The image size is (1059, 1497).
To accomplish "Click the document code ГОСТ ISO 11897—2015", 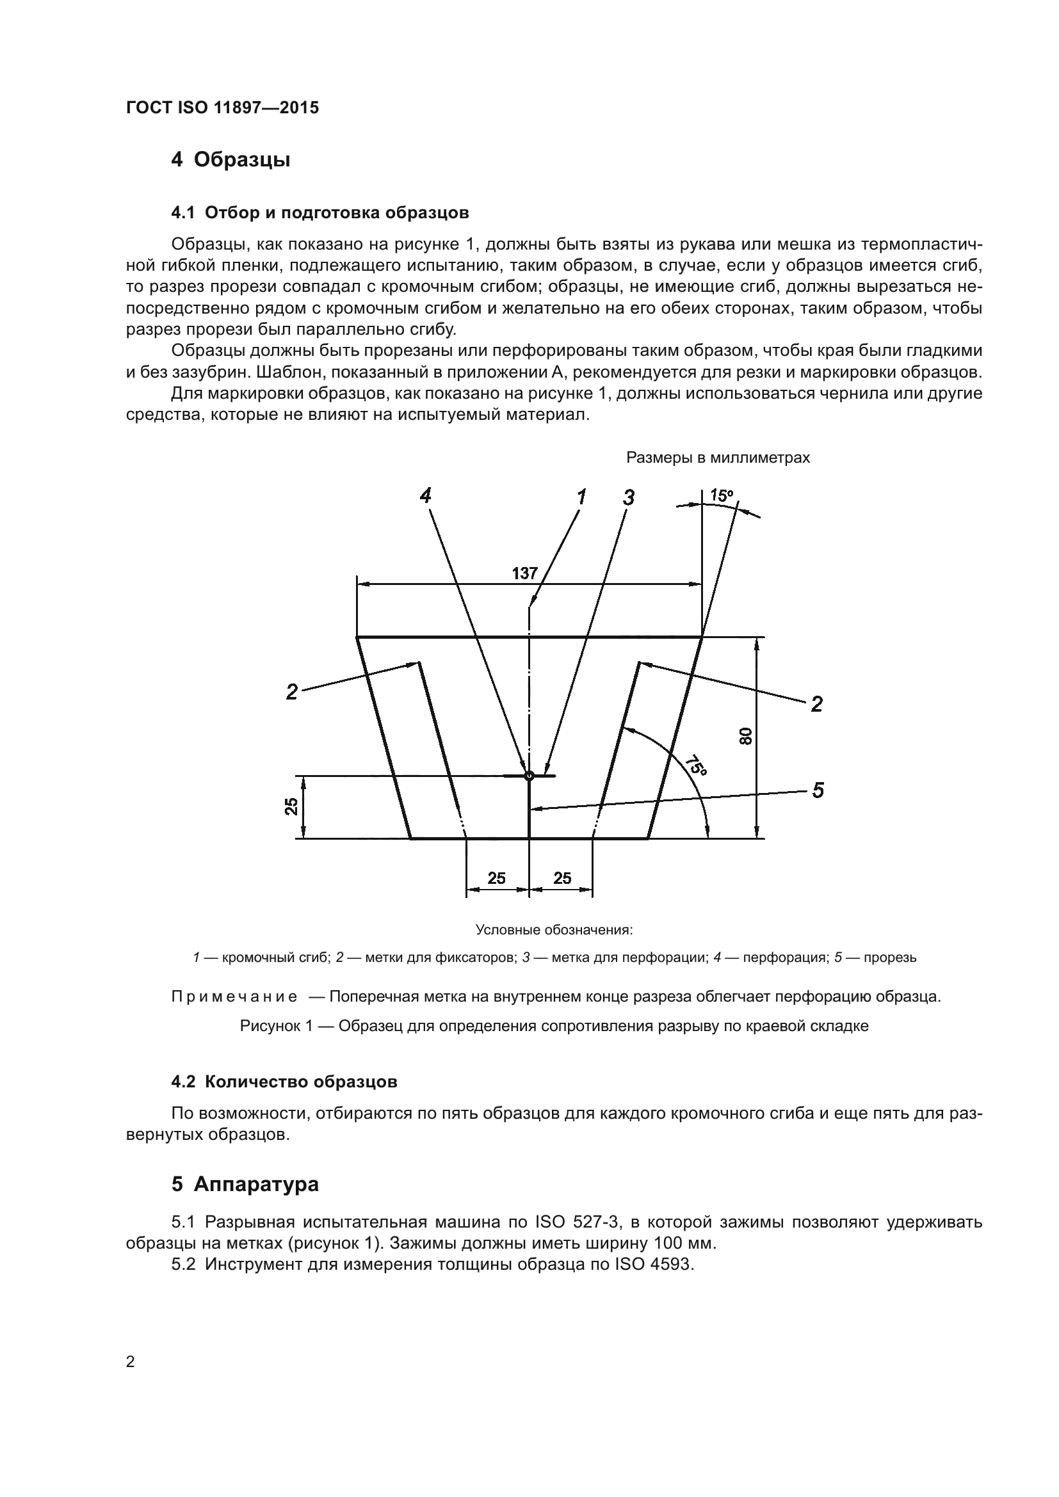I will pos(222,108).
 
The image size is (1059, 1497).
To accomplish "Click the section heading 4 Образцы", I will pos(230,159).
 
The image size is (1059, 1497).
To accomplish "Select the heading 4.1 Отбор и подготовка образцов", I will pos(319,212).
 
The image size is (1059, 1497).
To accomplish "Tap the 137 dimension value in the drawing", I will pos(524,573).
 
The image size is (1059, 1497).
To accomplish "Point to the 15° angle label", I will pos(721,495).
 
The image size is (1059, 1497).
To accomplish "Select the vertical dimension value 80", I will pos(746,736).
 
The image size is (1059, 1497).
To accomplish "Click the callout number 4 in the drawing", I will pos(425,496).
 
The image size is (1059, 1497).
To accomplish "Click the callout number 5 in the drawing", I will pos(818,790).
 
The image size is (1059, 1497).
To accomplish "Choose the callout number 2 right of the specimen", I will pos(816,704).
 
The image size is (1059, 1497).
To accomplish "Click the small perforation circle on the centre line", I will pos(529,776).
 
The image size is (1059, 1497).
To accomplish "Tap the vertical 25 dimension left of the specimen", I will pos(291,806).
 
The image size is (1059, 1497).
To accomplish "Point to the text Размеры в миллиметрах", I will pos(717,458).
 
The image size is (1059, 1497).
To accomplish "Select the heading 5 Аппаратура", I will pos(245,1184).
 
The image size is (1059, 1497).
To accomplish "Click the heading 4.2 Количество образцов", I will pos(284,1082).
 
